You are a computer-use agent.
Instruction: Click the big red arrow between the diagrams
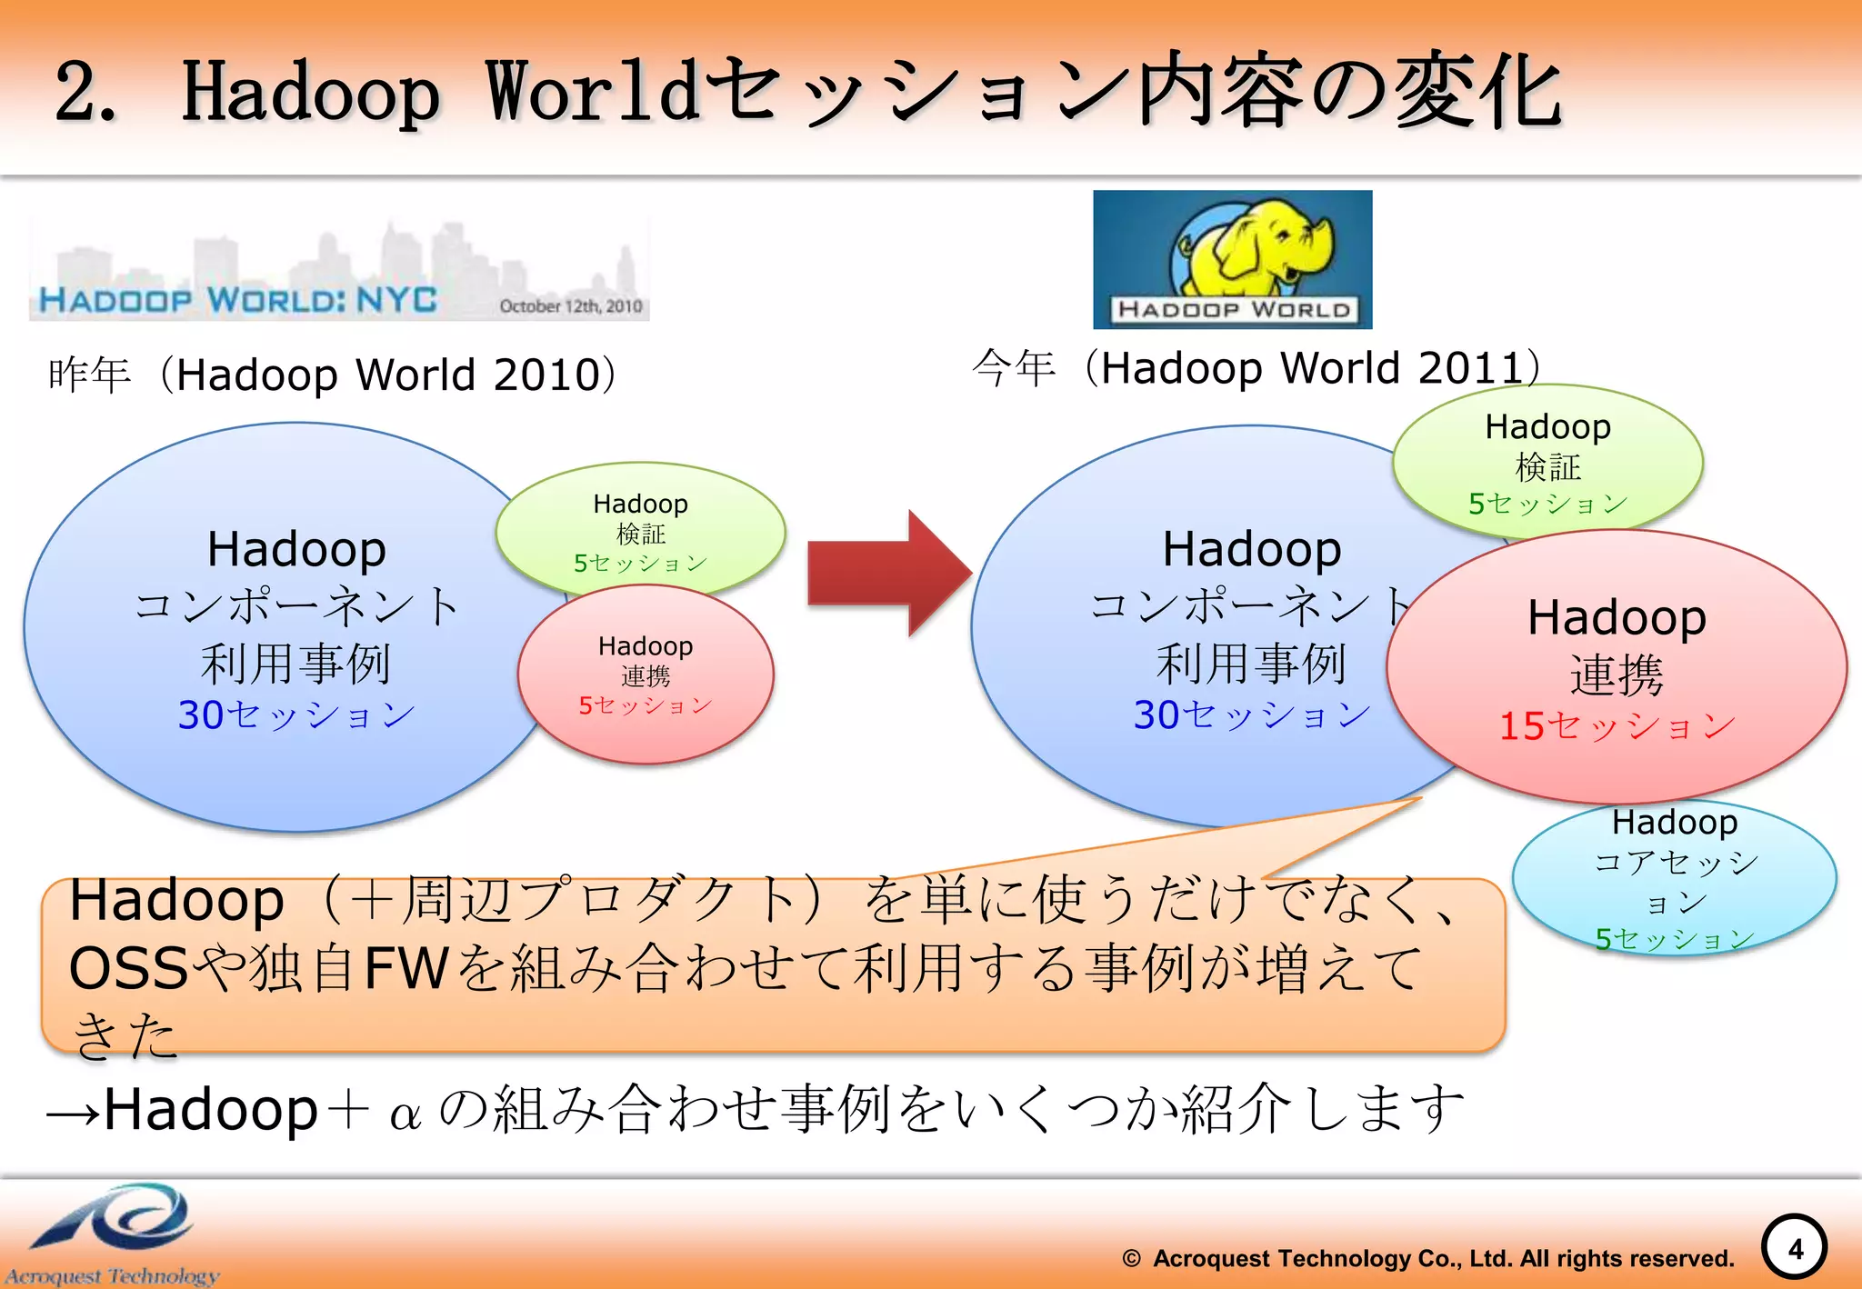pyautogui.click(x=886, y=573)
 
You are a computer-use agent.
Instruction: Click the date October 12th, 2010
pyautogui.click(x=570, y=306)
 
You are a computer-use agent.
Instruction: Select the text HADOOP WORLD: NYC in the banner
pyautogui.click(x=238, y=300)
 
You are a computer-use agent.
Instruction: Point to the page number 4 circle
pyautogui.click(x=1794, y=1249)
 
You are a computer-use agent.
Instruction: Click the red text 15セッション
pyautogui.click(x=1617, y=725)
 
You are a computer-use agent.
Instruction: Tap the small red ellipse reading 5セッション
pyautogui.click(x=646, y=674)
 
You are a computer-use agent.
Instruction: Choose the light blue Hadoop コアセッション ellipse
pyautogui.click(x=1674, y=877)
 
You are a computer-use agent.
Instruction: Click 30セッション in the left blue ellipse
pyautogui.click(x=296, y=714)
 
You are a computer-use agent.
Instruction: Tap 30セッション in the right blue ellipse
pyautogui.click(x=1251, y=714)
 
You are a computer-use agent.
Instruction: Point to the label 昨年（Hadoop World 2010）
pyautogui.click(x=333, y=375)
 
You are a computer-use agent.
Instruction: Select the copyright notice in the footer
pyautogui.click(x=1427, y=1259)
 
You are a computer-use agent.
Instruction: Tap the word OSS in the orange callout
pyautogui.click(x=127, y=968)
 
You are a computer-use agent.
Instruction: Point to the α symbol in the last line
pyautogui.click(x=405, y=1114)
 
